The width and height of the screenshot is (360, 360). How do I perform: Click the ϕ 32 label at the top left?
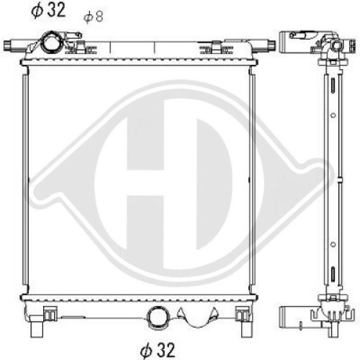click(48, 10)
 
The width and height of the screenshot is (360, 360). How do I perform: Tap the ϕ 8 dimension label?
click(94, 17)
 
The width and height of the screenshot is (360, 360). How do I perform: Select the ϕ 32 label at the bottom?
click(158, 350)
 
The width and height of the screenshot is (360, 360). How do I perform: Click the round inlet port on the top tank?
click(50, 41)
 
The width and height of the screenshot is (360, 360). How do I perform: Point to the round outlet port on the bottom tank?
click(158, 316)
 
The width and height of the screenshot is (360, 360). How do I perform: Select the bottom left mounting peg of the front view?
click(37, 329)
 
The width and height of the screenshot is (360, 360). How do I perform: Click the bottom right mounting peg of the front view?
click(247, 329)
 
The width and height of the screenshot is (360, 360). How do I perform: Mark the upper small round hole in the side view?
click(333, 115)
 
